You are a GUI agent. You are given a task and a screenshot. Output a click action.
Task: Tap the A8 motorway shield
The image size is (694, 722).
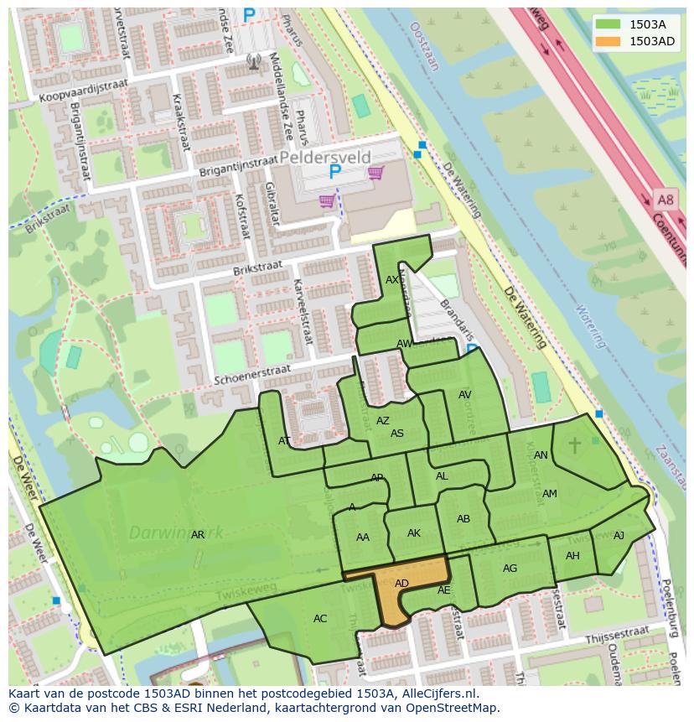point(665,200)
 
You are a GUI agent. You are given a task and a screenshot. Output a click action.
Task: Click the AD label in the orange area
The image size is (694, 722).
point(401,584)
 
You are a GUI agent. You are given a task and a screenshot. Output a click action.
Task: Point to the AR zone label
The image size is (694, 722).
point(198,535)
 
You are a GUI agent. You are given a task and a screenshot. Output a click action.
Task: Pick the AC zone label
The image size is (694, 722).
point(320,619)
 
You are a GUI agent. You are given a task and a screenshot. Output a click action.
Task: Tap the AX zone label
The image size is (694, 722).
point(392,280)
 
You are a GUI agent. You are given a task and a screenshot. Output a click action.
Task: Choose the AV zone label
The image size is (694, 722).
point(465,395)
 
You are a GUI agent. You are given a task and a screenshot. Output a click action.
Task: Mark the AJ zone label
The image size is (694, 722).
point(619,536)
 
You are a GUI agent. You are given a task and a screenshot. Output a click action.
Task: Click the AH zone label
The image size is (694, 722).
point(572,556)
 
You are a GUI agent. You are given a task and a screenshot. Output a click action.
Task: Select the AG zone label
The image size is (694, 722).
point(510,569)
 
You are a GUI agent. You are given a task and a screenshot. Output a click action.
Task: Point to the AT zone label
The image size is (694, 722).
point(284,441)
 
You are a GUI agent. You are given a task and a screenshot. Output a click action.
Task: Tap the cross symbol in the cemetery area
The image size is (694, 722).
point(575,444)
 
